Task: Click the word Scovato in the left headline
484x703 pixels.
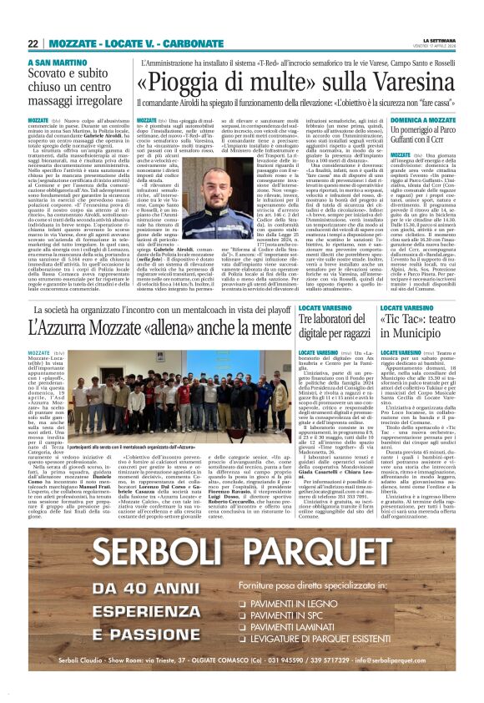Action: (50, 74)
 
